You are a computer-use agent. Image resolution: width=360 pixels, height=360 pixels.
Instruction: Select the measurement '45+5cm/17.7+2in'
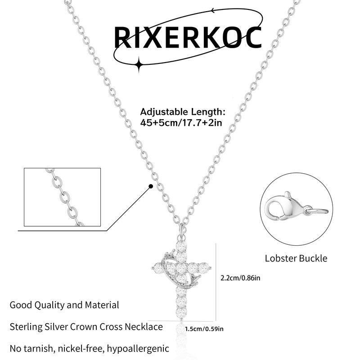click(x=181, y=122)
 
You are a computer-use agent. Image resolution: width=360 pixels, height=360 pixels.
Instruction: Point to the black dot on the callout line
click(x=151, y=185)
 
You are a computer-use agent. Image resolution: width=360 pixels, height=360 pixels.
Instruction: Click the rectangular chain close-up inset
click(x=62, y=197)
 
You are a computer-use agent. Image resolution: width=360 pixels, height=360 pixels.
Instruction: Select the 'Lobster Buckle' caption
click(x=296, y=258)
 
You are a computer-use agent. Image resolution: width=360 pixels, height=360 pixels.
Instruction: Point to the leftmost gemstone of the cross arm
click(x=158, y=269)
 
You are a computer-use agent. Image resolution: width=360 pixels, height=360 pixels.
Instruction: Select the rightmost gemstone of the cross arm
click(x=205, y=268)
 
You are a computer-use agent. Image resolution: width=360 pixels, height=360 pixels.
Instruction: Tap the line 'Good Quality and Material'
click(x=64, y=305)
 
